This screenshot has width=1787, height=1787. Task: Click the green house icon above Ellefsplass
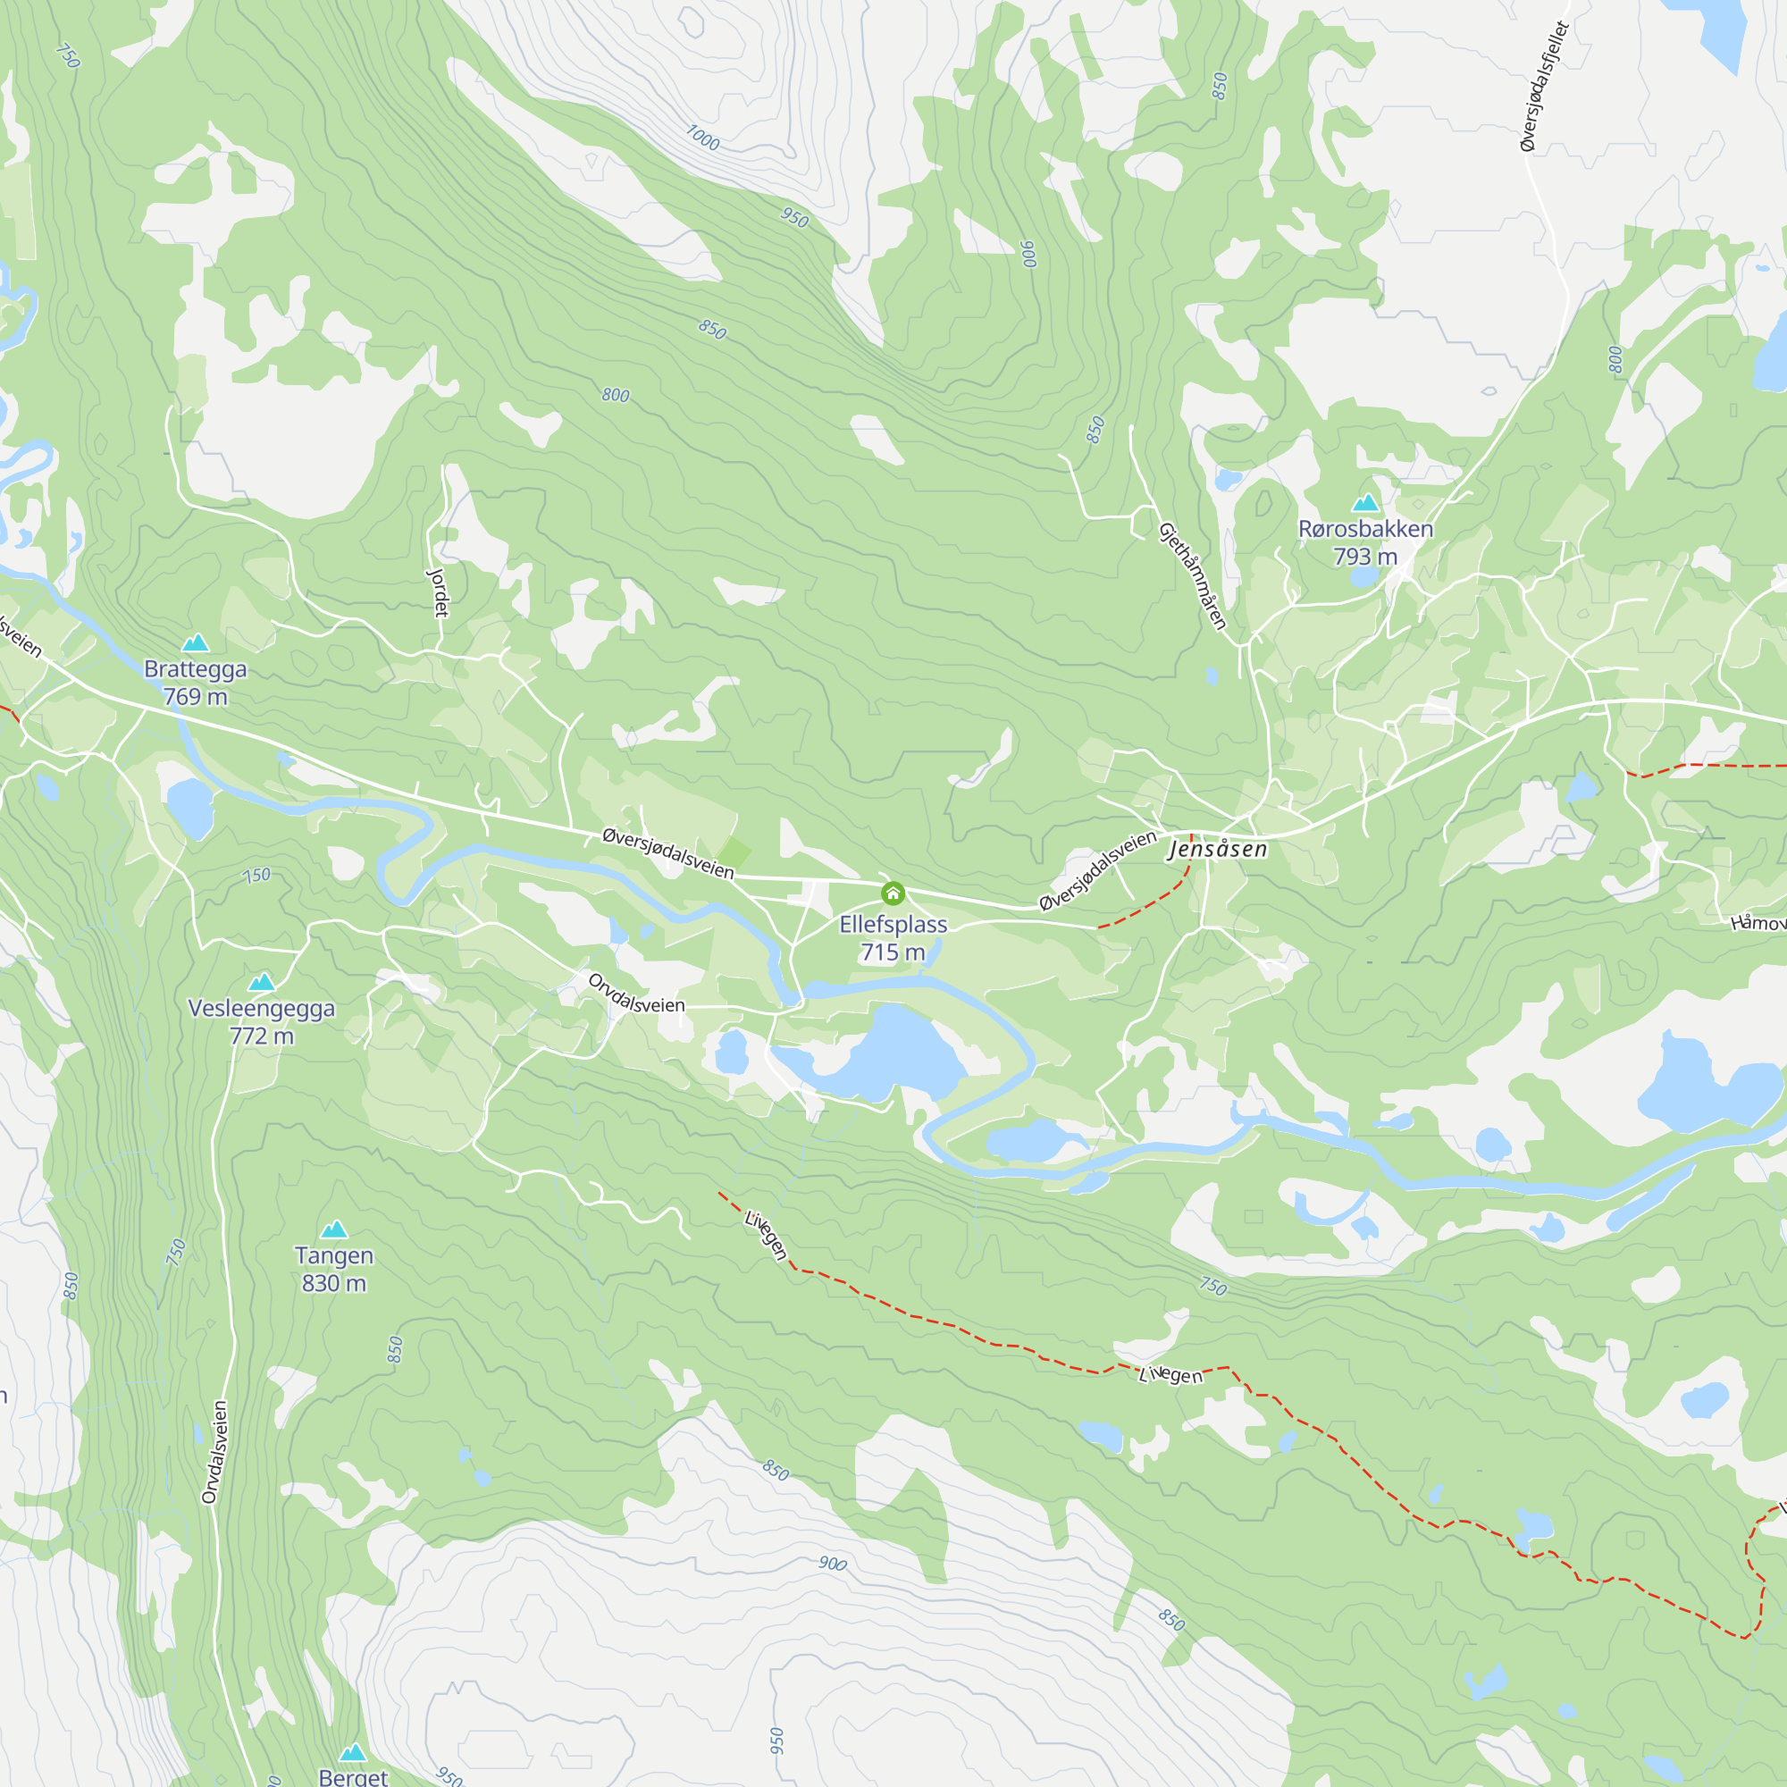[893, 893]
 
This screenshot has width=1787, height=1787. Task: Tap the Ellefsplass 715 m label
[893, 938]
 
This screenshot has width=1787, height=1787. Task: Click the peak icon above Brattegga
[195, 642]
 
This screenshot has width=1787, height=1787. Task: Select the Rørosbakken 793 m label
[1365, 542]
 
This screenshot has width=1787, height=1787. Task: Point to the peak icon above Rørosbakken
[1365, 503]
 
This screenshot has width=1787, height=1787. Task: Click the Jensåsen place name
[1217, 848]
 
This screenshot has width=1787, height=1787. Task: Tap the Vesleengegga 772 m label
[262, 1021]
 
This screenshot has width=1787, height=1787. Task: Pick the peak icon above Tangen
[334, 1229]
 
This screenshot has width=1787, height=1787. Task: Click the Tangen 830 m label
[334, 1269]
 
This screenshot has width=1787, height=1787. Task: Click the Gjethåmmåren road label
[1192, 576]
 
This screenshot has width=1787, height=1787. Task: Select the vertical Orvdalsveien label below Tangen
[214, 1452]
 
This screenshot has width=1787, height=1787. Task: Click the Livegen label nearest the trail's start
[766, 1235]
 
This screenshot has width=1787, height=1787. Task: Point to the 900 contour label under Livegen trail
[832, 1563]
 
